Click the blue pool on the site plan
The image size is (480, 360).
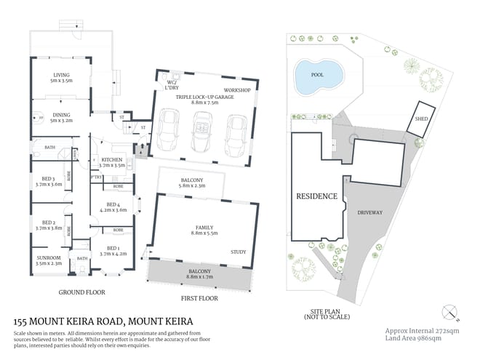318,76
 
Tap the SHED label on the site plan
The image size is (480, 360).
420,120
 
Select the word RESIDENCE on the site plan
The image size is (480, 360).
316,196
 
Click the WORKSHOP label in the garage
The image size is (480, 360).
237,90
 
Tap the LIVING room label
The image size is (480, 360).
60,75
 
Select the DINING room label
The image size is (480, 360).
61,114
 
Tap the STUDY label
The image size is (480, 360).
238,252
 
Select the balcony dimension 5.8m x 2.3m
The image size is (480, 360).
192,186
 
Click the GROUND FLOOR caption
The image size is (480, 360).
81,292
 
